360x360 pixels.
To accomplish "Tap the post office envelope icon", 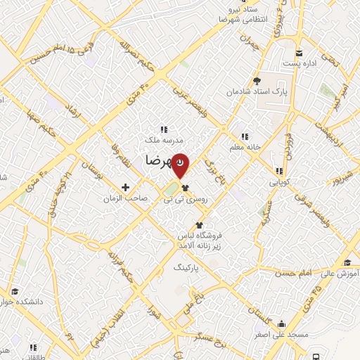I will [x=299, y=53].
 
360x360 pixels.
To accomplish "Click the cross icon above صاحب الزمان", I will [x=126, y=187].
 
